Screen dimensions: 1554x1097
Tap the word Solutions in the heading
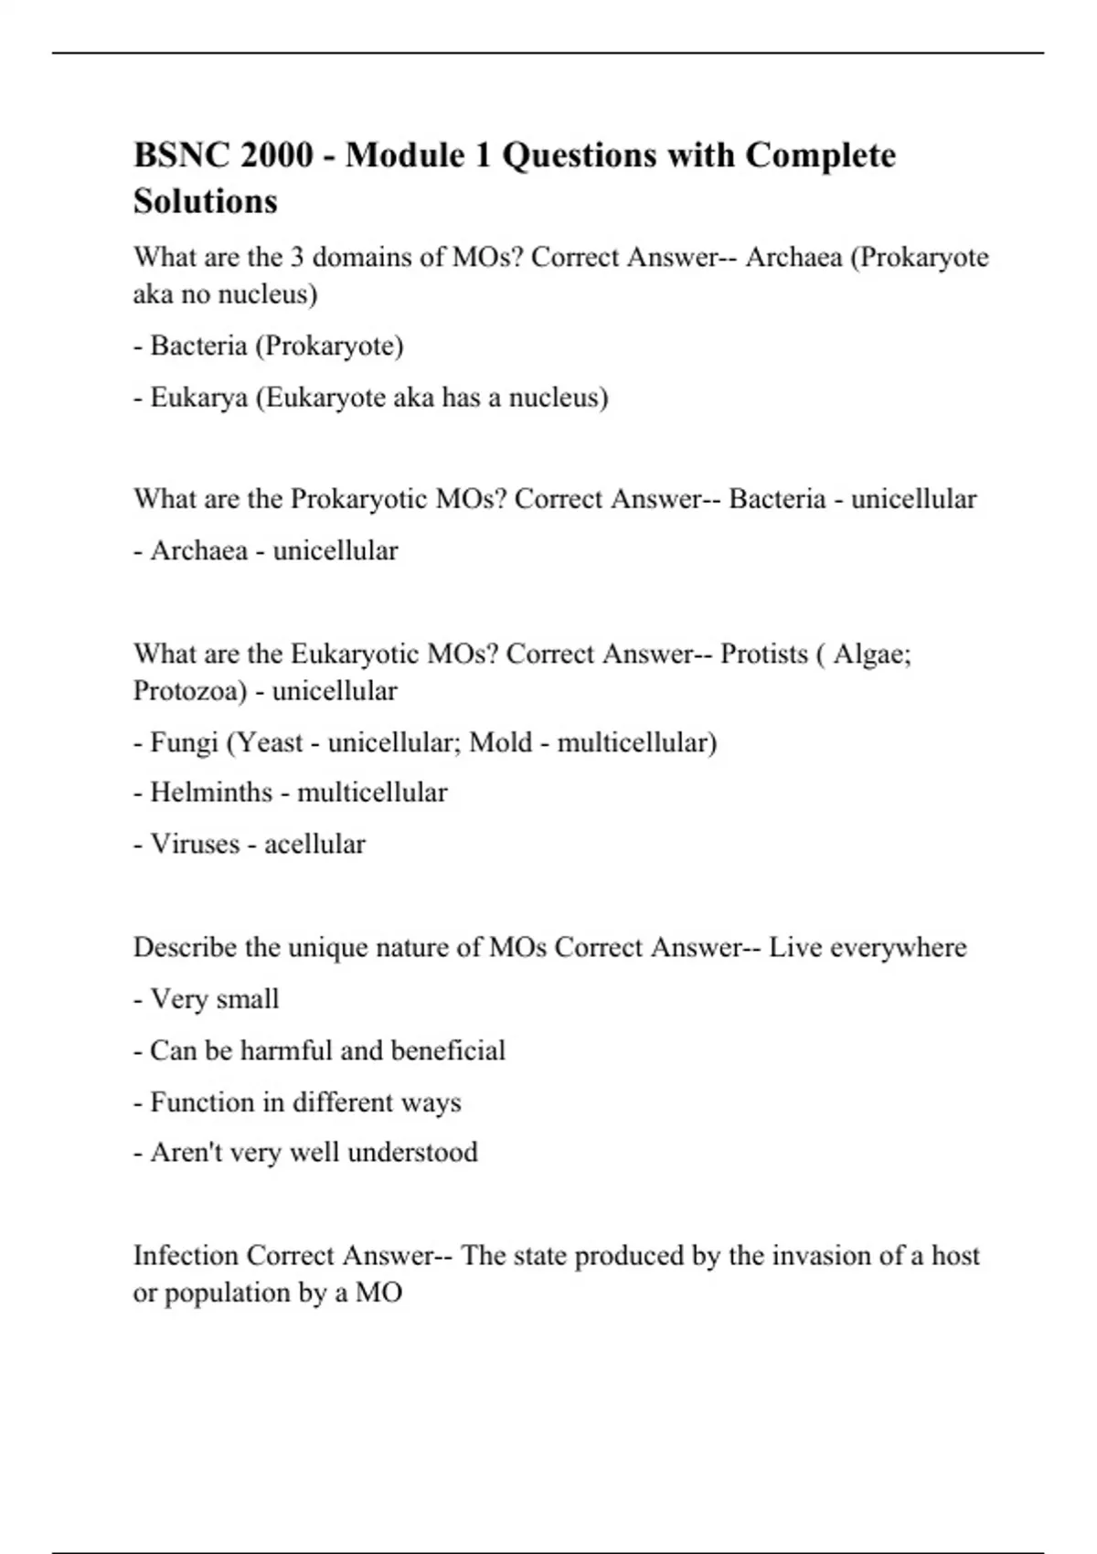pyautogui.click(x=206, y=201)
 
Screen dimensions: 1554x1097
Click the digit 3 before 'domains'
pyautogui.click(x=297, y=258)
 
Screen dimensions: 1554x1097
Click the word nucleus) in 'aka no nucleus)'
pyautogui.click(x=272, y=294)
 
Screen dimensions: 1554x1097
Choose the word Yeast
pyautogui.click(x=270, y=742)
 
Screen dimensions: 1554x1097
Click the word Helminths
pyautogui.click(x=211, y=793)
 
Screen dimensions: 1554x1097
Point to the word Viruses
pyautogui.click(x=195, y=844)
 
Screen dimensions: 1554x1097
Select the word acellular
pyautogui.click(x=314, y=844)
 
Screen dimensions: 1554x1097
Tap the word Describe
pyautogui.click(x=186, y=948)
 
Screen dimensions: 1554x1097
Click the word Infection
pyautogui.click(x=186, y=1256)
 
